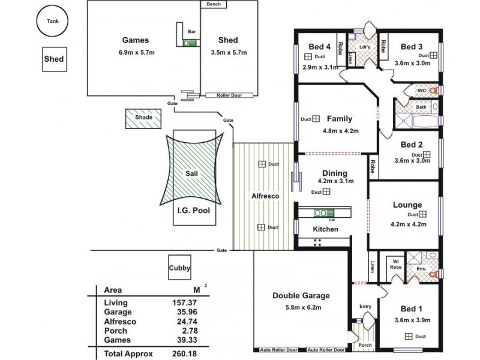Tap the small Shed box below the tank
tap(53, 59)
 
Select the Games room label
tap(135, 41)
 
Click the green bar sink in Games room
tap(190, 43)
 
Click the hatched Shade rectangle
tap(143, 118)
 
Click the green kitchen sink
tap(324, 212)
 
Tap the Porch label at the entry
tap(364, 345)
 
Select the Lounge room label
tap(408, 205)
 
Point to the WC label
tap(421, 91)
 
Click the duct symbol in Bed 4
tap(308, 56)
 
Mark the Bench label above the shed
tap(214, 4)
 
